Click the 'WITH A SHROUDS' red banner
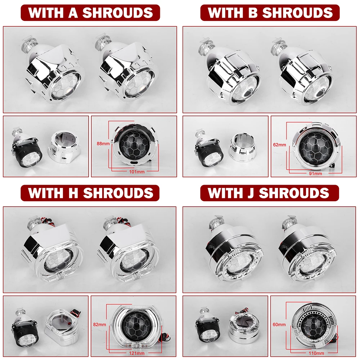90,13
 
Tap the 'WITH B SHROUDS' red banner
270,13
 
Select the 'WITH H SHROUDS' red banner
90,193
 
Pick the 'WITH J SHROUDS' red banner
270,193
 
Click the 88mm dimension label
103,144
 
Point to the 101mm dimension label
137,171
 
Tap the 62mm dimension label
279,145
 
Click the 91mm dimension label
315,174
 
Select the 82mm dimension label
99,324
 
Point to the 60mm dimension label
279,324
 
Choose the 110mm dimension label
316,353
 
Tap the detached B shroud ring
242,147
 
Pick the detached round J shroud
242,325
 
